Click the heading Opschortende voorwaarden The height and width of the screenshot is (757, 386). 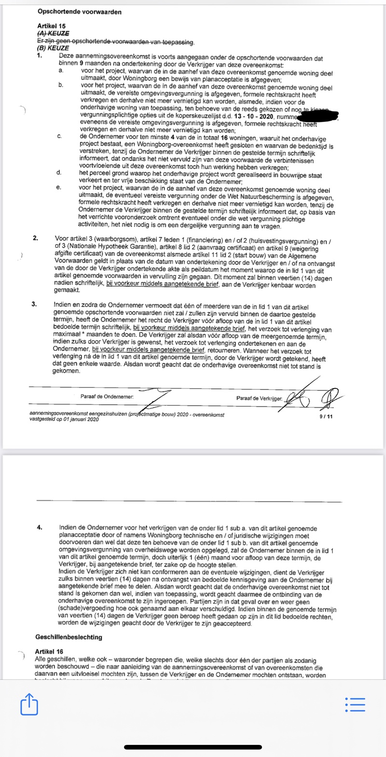coord(79,12)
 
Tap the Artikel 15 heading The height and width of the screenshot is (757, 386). coord(51,26)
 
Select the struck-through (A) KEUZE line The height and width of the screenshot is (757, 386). coord(53,34)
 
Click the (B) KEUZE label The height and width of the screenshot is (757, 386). coord(53,48)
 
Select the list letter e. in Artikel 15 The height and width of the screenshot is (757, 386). coord(59,187)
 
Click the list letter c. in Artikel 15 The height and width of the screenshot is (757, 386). coord(59,137)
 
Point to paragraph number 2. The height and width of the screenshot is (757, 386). coord(35,238)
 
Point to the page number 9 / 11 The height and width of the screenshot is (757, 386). coord(326,417)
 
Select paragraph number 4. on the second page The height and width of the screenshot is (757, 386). coord(40,528)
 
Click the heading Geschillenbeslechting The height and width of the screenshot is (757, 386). coord(69,637)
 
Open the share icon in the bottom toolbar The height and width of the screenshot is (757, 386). coord(29,704)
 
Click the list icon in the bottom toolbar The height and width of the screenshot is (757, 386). coord(356,704)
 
